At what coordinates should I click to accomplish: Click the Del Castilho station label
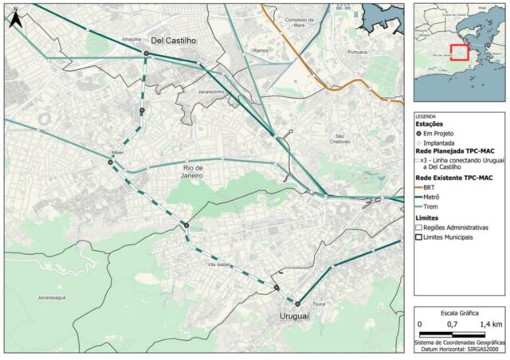pyautogui.click(x=174, y=40)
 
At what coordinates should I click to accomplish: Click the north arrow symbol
pyautogui.click(x=14, y=21)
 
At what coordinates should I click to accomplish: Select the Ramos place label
pyautogui.click(x=261, y=50)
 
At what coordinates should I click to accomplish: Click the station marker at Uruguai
pyautogui.click(x=297, y=303)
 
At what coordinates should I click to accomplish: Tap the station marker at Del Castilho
pyautogui.click(x=147, y=53)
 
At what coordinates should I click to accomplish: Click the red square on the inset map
pyautogui.click(x=460, y=52)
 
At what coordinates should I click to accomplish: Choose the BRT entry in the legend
pyautogui.click(x=434, y=187)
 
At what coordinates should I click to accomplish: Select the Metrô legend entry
pyautogui.click(x=436, y=197)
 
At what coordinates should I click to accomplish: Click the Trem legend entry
pyautogui.click(x=434, y=206)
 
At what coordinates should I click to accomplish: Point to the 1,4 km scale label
pyautogui.click(x=489, y=325)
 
